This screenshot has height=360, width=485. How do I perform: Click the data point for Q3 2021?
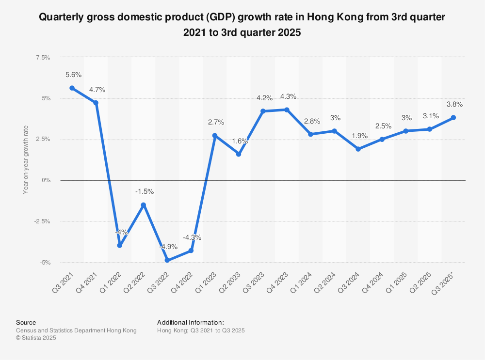[72, 88]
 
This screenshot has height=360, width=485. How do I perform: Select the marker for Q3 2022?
[167, 260]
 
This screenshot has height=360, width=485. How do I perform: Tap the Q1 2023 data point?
[215, 136]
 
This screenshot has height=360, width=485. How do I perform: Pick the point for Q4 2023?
[287, 110]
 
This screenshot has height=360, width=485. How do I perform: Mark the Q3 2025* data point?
[453, 118]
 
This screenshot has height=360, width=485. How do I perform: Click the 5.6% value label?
[73, 75]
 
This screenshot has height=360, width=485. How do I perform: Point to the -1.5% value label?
[145, 191]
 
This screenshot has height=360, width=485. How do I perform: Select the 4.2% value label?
[264, 98]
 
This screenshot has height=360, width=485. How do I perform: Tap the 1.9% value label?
[360, 136]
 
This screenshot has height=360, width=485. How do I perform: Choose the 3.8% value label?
[455, 104]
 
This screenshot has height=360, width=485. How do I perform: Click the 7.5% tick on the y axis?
[43, 58]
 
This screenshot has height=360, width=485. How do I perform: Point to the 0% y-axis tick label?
[47, 180]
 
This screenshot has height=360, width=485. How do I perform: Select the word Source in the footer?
[26, 322]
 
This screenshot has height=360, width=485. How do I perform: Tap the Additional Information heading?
[190, 322]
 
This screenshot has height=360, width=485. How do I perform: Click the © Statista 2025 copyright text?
[36, 338]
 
